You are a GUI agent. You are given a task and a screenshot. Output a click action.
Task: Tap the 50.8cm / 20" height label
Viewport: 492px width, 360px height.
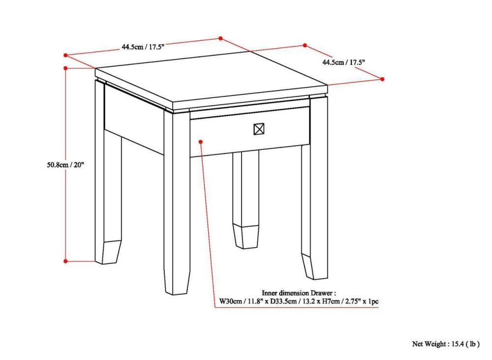coord(62,165)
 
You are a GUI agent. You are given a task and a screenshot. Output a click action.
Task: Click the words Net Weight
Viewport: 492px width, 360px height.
coord(429,344)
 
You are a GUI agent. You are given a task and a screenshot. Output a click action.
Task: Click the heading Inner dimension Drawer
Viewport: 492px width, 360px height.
coord(299,292)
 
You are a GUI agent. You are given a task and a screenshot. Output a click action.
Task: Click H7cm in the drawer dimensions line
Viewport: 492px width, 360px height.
coord(329,301)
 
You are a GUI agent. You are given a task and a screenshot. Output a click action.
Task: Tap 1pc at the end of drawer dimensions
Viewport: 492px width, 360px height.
coord(372,301)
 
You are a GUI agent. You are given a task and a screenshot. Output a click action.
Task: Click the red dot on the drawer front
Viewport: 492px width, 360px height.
coord(201,142)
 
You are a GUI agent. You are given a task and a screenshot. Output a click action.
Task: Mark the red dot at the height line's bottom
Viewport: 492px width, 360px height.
coord(66,261)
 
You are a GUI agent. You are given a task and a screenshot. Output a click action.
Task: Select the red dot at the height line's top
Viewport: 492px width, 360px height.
coord(66,68)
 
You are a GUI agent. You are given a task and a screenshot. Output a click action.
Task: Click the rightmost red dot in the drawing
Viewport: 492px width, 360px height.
coord(382,79)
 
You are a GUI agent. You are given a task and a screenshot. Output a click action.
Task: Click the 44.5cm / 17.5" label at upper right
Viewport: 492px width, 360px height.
coord(343,62)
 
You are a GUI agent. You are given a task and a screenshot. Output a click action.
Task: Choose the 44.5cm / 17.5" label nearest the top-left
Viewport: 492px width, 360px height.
coord(143,47)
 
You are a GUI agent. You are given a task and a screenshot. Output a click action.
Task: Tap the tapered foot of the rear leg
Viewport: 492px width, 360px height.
coord(246,236)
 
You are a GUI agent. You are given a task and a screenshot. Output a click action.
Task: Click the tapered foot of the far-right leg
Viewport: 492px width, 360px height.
coord(313,266)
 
